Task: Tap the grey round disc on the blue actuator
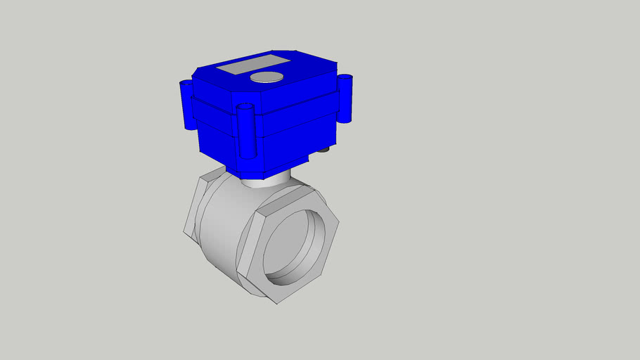[x=267, y=77]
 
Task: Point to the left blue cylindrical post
[x=187, y=105]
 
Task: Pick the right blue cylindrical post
[x=345, y=98]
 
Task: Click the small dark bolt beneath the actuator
[x=324, y=150]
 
